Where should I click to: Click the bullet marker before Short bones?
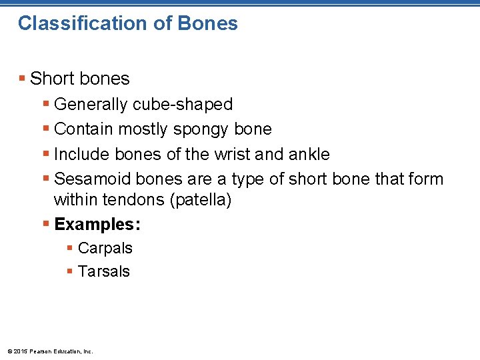pos(23,79)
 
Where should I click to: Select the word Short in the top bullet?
pos(52,79)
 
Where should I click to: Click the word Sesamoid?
pos(92,179)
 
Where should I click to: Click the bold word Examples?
pos(97,224)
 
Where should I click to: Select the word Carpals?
pos(105,248)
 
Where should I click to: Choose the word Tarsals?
pos(104,271)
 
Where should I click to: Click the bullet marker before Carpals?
pos(70,248)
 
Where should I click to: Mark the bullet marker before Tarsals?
pos(70,271)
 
